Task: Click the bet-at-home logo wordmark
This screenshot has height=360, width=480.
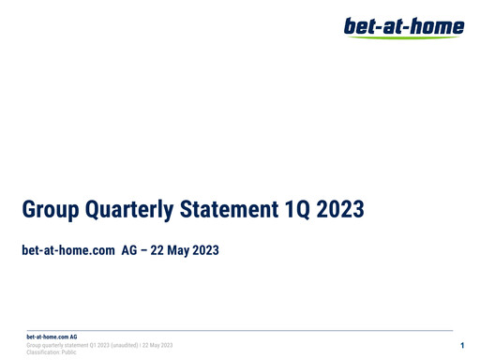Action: [404, 25]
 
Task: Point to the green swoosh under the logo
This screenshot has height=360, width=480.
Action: [404, 37]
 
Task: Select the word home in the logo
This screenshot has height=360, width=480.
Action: [440, 25]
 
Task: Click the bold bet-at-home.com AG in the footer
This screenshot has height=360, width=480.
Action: [52, 337]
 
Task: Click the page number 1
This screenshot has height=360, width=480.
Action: [462, 346]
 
